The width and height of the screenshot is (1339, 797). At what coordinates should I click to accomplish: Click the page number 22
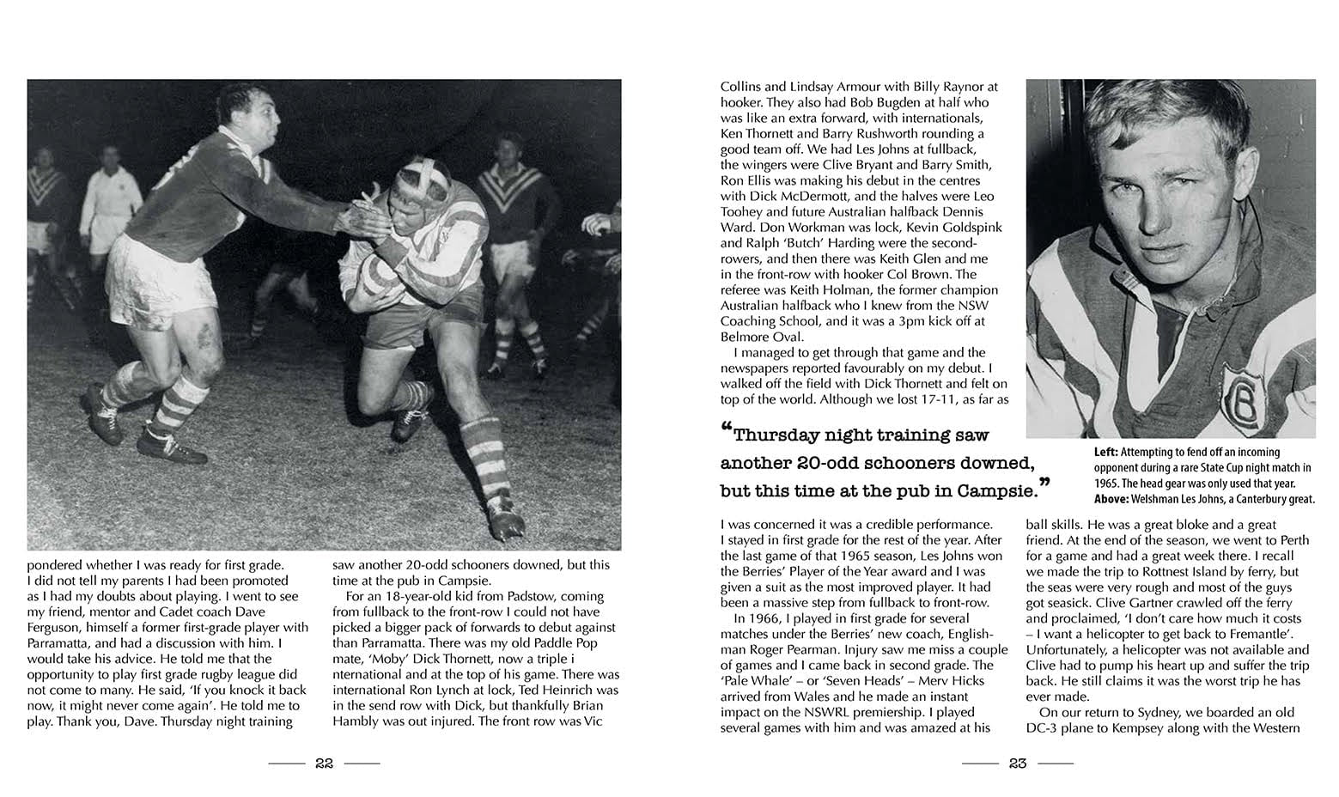(x=324, y=764)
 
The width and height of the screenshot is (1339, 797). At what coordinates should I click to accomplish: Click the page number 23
(x=1018, y=764)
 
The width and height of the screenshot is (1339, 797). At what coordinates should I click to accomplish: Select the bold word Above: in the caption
(x=1114, y=499)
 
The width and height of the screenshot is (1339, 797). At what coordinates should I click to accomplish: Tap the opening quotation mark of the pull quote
(x=726, y=429)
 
